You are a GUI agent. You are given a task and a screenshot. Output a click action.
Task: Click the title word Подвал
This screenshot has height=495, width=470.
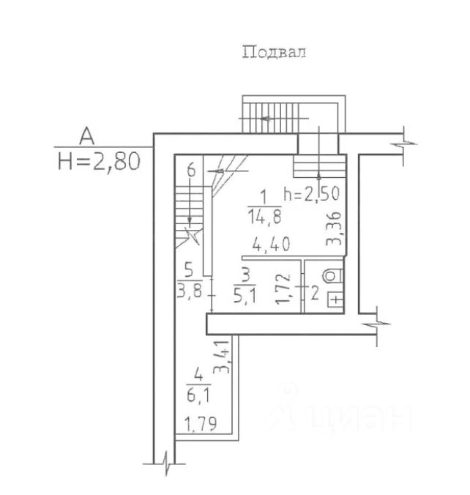point(274,52)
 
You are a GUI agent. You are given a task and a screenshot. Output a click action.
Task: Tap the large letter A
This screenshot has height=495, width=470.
point(87,135)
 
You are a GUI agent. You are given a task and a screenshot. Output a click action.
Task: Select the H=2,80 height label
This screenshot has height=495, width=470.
point(99,162)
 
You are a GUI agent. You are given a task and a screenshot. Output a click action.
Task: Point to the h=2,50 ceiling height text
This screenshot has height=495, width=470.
point(312,193)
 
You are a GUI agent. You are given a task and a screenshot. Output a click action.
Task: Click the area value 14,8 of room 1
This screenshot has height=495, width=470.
point(264,217)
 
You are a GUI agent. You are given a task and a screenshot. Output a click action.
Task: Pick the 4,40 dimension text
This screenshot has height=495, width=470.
point(271,244)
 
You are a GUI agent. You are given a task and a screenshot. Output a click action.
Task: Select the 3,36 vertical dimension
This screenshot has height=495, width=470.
point(334,228)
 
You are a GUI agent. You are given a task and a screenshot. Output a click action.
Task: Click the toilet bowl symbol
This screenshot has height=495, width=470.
point(332,276)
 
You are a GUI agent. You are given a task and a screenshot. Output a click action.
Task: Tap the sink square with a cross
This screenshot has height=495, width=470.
point(336,299)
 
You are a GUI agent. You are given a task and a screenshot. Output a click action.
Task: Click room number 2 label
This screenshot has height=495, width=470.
point(315,293)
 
